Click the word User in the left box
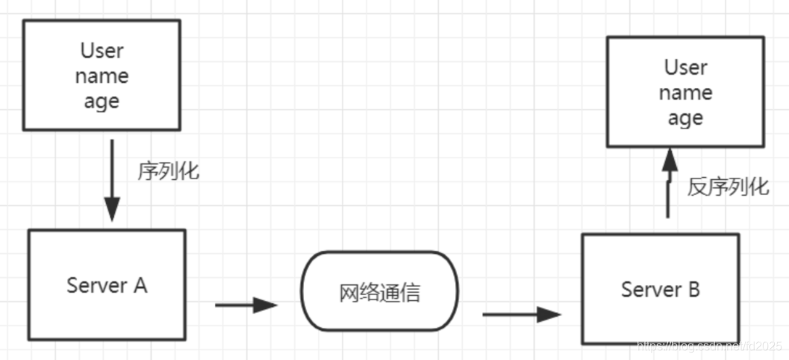coord(102,51)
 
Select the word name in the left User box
coord(102,76)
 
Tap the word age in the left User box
coord(102,102)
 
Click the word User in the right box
coord(685,67)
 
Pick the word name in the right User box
coord(685,93)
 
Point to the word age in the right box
coord(685,119)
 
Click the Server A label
coord(107,285)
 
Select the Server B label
coord(661,289)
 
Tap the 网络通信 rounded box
coord(380,292)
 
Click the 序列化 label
coord(168,171)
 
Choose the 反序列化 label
coord(728,187)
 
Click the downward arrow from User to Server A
coord(111,179)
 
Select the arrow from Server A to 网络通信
coord(246,305)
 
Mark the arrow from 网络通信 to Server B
coord(521,314)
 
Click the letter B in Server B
coord(693,289)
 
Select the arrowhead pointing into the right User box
coord(669,157)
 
